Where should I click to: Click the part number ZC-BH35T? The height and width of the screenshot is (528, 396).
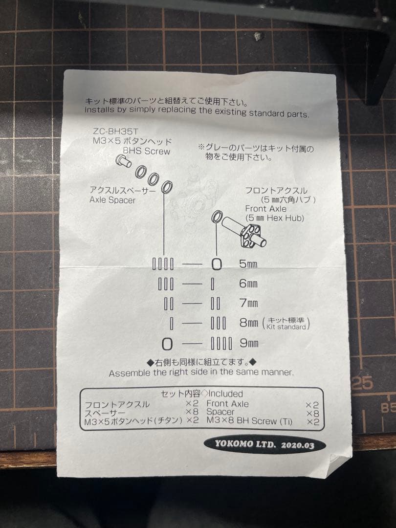(x=112, y=132)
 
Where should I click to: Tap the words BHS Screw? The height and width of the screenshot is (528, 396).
(x=146, y=152)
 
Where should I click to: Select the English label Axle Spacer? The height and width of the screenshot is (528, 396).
(x=112, y=200)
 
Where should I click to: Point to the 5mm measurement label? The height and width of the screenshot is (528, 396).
(x=248, y=264)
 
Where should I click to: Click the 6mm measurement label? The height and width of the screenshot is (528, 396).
(x=248, y=284)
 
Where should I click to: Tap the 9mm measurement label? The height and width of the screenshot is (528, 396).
(x=248, y=343)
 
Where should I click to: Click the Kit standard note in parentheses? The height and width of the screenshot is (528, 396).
(x=286, y=324)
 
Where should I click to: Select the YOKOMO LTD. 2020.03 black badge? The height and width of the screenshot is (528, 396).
(x=264, y=444)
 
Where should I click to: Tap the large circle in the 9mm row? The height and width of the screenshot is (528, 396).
(x=167, y=344)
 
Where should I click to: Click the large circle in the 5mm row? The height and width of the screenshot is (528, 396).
(x=216, y=264)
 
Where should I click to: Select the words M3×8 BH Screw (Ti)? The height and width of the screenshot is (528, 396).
(x=249, y=421)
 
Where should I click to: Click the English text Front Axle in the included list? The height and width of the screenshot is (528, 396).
(x=227, y=404)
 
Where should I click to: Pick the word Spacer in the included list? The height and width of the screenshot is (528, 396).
(x=220, y=412)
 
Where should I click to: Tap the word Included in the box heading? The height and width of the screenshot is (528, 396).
(x=225, y=394)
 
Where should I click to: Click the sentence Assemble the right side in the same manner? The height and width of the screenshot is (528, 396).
(x=201, y=373)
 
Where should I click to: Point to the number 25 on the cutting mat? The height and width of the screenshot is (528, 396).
(x=362, y=383)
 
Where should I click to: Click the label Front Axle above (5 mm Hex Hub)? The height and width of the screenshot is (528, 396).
(x=266, y=209)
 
